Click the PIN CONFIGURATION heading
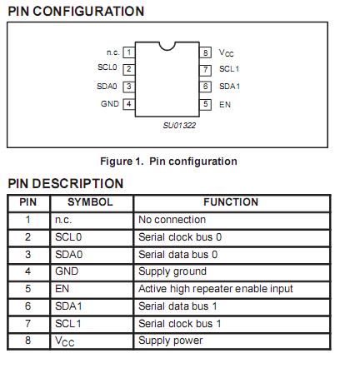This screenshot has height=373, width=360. pos(76,11)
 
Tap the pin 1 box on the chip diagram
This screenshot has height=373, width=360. pos(128,52)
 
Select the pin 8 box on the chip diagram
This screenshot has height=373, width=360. pos(205,52)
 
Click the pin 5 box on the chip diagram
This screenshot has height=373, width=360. pos(205,105)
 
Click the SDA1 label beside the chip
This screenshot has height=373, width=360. pos(229,87)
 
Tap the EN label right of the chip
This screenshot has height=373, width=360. pos(225,105)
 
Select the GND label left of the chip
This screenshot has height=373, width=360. pos(110,104)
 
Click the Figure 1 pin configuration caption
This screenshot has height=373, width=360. pos(168,162)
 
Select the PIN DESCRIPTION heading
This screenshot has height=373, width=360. pos(65,183)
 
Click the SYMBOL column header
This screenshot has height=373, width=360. pos(91,202)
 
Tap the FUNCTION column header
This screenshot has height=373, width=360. pos(231,202)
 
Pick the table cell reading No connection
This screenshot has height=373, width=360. pos(172,220)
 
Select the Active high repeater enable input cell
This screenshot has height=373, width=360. pos(215,289)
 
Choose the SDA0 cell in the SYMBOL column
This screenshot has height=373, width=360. pos(67,254)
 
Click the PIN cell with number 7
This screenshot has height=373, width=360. pos(27,323)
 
